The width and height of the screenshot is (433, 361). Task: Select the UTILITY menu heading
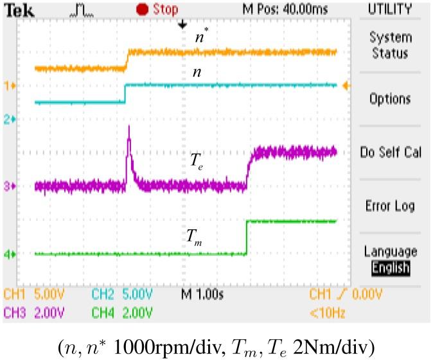click(390, 9)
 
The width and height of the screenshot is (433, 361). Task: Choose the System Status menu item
click(390, 46)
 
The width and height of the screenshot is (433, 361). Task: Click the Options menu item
click(390, 99)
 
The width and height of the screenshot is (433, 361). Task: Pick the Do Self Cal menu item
click(390, 153)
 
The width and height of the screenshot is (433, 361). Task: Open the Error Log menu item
click(390, 206)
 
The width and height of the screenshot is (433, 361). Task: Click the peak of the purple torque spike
click(129, 128)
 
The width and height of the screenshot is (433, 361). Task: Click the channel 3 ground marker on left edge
click(10, 186)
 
